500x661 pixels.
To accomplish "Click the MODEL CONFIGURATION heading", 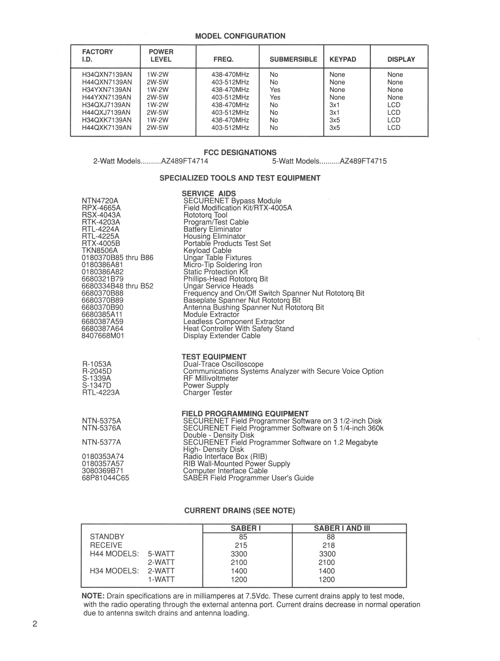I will coord(240,36).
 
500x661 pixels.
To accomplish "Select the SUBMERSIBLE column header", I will coord(293,59).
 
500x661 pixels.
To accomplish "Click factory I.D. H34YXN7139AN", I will coord(107,90).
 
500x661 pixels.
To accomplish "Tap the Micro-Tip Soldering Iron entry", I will coord(222,265).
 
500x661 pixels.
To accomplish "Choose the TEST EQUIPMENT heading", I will coord(214,357).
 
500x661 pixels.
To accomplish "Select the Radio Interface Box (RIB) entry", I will coord(225,457).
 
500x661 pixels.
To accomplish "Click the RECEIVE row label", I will coord(106,545).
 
